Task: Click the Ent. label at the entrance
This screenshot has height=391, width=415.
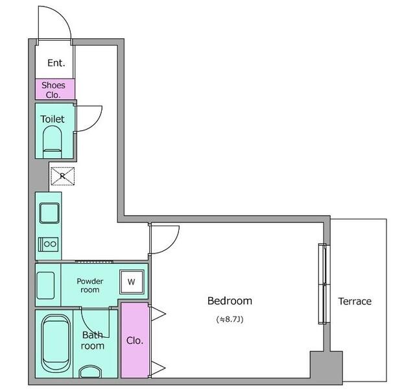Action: pos(56,63)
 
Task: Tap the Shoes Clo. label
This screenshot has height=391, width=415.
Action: pos(53,89)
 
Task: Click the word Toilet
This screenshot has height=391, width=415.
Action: pos(53,119)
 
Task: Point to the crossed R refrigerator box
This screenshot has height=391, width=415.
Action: pos(62,176)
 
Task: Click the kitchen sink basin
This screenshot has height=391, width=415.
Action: pos(49,213)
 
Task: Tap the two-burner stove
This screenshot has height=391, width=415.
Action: pos(48,244)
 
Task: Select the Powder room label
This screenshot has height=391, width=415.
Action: pos(90,285)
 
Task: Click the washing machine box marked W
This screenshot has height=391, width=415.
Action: pos(132,282)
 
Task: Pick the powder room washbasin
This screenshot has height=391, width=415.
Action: pos(45,286)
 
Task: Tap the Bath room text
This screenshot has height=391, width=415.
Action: pos(92,340)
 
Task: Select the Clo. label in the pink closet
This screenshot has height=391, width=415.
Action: pos(135,340)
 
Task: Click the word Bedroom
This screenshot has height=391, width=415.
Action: pos(230,301)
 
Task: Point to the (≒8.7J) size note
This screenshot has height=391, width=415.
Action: pos(230,319)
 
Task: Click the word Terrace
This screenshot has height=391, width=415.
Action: pos(355,302)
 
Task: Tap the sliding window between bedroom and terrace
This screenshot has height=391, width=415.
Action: pos(324,284)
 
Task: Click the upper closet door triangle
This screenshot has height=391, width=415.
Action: pos(158,314)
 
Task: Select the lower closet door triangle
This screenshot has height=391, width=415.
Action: pos(158,368)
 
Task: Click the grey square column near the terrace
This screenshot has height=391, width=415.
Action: pos(326,366)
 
